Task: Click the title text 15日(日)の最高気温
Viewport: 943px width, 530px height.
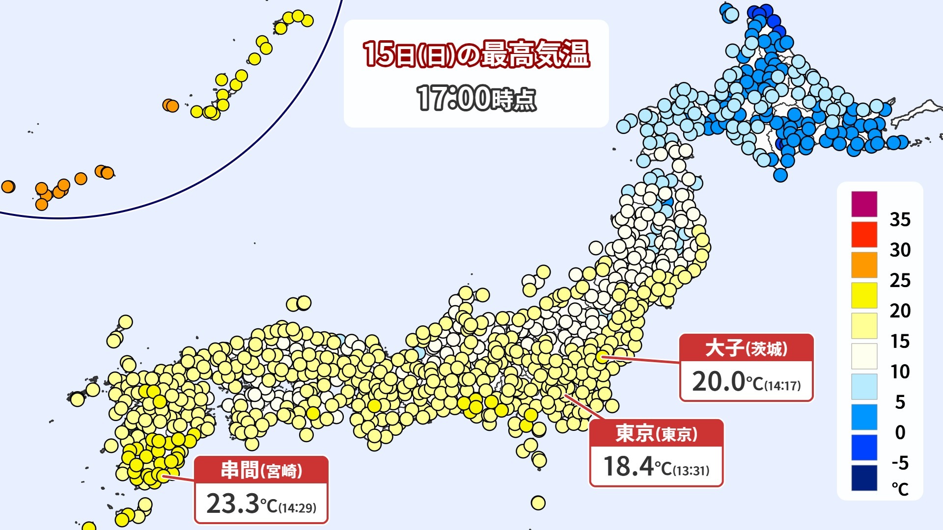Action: (476, 53)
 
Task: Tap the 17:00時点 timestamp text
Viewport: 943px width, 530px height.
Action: (476, 98)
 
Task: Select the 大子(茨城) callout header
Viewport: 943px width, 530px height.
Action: (746, 348)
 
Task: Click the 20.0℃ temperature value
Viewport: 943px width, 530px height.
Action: (719, 381)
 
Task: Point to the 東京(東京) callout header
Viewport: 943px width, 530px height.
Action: (656, 433)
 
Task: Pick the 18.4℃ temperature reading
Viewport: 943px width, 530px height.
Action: (628, 466)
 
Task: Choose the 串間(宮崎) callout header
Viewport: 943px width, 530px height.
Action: (261, 470)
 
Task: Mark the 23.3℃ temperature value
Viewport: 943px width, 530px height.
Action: (232, 503)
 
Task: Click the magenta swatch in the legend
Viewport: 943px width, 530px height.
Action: (864, 204)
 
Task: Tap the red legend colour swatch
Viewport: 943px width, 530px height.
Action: (864, 235)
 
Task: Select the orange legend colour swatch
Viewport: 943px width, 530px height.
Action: (864, 265)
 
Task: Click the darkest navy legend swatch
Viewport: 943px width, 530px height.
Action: (864, 478)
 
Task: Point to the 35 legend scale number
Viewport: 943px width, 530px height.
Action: (900, 219)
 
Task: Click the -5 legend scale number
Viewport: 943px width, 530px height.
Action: (900, 463)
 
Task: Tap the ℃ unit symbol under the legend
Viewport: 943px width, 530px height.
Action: (900, 489)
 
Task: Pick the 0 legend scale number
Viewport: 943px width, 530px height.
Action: (900, 432)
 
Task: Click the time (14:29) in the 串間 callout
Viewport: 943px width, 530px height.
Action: (298, 507)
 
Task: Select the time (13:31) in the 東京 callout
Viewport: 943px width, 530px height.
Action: (691, 471)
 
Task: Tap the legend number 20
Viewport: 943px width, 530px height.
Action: (900, 311)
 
